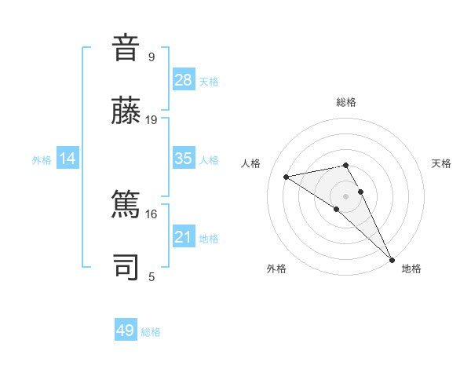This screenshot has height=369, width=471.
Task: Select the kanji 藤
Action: coord(126,110)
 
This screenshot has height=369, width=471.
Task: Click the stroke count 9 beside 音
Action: coord(152,57)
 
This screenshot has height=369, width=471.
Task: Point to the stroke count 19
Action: coord(152,120)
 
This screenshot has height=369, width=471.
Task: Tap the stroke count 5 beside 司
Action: coord(152,276)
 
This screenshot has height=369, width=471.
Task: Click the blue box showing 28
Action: coord(184,80)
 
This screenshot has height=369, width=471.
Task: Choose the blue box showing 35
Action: coord(184,159)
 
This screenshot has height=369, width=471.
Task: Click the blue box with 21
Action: coord(184,237)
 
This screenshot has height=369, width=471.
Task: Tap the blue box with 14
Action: coord(68,159)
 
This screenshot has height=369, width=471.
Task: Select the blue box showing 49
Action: coord(126,331)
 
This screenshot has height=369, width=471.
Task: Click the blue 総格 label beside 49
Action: coord(151,332)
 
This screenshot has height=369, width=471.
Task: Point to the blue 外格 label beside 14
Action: coord(42,160)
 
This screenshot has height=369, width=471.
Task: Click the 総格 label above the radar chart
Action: coord(346,102)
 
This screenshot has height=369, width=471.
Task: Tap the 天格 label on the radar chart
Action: coord(442,163)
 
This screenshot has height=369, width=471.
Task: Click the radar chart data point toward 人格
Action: coord(287,177)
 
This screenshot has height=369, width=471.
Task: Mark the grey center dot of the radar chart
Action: coord(346,195)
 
